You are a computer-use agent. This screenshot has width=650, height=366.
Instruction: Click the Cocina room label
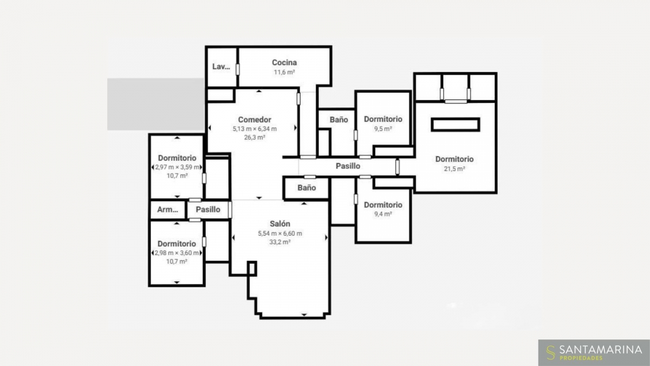(284, 62)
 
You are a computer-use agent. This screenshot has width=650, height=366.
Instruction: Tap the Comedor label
(255, 120)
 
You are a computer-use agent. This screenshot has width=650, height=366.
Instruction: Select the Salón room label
(279, 223)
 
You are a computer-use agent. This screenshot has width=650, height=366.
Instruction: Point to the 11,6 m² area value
(284, 72)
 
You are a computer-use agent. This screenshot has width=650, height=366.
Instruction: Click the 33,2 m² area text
(279, 242)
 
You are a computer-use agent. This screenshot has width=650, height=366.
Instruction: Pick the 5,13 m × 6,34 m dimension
(255, 129)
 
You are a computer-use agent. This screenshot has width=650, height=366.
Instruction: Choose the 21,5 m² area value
(454, 169)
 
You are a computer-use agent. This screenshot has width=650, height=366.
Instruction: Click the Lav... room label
(221, 67)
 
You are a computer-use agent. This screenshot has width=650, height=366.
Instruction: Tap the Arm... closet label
(167, 209)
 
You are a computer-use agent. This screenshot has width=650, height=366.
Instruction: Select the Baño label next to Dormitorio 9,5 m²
(339, 120)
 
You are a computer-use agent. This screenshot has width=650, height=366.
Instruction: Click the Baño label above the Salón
(307, 188)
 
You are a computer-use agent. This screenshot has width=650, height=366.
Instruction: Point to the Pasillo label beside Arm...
(208, 209)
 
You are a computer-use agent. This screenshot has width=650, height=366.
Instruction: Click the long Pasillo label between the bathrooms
(348, 166)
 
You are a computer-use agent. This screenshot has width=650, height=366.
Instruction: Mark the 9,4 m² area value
(383, 214)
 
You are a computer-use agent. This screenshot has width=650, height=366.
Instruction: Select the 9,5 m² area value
(383, 129)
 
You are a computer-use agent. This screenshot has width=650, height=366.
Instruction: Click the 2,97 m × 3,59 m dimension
(177, 168)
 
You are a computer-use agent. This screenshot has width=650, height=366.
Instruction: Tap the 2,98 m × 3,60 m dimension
(177, 253)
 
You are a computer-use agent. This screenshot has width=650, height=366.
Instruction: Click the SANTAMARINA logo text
(601, 349)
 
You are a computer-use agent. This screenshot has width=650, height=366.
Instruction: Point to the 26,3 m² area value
(255, 137)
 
